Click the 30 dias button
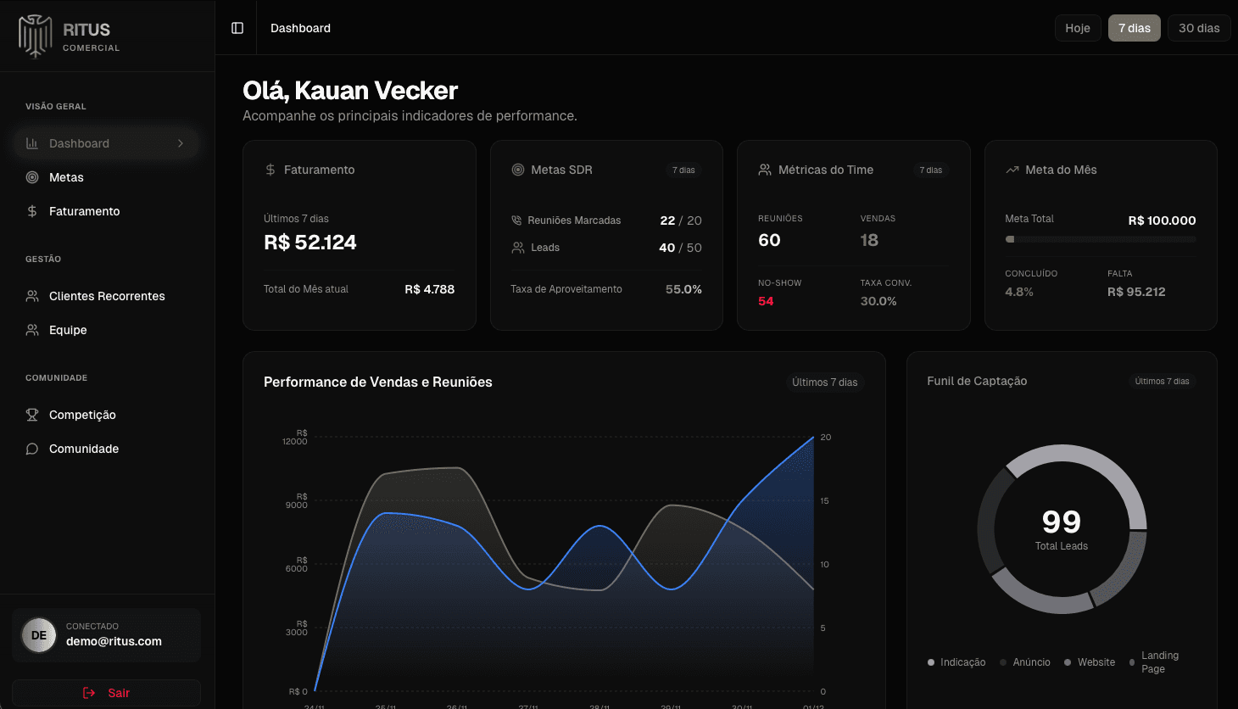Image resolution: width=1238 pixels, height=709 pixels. [1198, 28]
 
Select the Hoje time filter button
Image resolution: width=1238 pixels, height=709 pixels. [1077, 28]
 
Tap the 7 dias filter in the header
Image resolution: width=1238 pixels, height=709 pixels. [1134, 28]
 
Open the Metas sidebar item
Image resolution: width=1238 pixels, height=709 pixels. [66, 177]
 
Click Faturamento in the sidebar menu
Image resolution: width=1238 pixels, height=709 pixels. [84, 211]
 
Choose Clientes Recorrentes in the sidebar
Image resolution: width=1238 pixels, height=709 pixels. [107, 296]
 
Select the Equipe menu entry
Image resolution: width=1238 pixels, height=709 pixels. [68, 330]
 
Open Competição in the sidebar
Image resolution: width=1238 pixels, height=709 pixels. [82, 415]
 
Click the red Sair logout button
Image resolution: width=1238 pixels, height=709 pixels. [107, 693]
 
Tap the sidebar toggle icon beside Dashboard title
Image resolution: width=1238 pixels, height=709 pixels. [237, 28]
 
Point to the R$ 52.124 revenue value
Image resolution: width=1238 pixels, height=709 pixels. [310, 243]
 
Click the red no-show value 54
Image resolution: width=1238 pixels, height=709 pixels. [766, 301]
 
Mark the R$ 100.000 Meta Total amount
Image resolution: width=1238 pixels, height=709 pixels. [1162, 221]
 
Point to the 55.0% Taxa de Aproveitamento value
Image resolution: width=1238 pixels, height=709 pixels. [683, 289]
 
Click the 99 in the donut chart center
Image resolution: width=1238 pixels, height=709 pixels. [1061, 522]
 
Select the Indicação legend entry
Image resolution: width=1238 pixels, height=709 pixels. [962, 662]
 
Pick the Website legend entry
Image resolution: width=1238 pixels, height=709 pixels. [1096, 662]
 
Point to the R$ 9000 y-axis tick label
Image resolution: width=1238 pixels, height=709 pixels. [297, 501]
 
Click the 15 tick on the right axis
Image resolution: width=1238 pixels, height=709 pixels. [824, 501]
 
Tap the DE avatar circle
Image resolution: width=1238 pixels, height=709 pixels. [38, 635]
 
